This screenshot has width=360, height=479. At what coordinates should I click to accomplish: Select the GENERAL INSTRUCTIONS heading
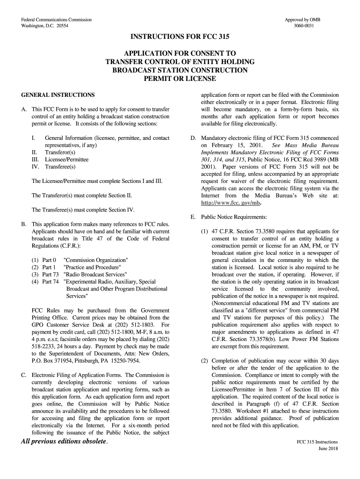(x=58, y=94)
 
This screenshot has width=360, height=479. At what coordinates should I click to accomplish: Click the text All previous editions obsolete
(x=64, y=443)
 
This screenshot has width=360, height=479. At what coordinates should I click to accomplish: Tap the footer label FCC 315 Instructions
(x=317, y=442)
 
